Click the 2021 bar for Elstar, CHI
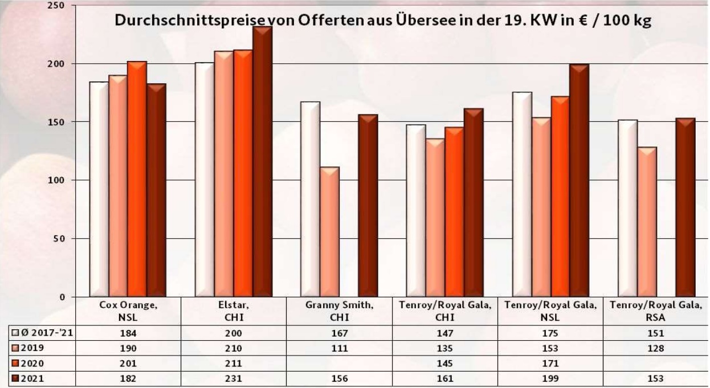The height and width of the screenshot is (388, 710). click(263, 162)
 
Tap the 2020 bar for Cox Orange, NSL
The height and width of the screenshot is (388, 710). click(137, 179)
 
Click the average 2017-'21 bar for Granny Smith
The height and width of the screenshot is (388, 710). click(310, 199)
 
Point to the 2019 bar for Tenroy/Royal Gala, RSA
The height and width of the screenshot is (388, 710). click(647, 222)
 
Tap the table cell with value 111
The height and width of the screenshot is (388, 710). click(340, 348)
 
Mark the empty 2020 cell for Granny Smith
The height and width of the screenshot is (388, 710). click(340, 364)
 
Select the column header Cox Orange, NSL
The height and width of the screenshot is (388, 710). click(128, 311)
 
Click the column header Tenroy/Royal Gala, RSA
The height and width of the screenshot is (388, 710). click(656, 311)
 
